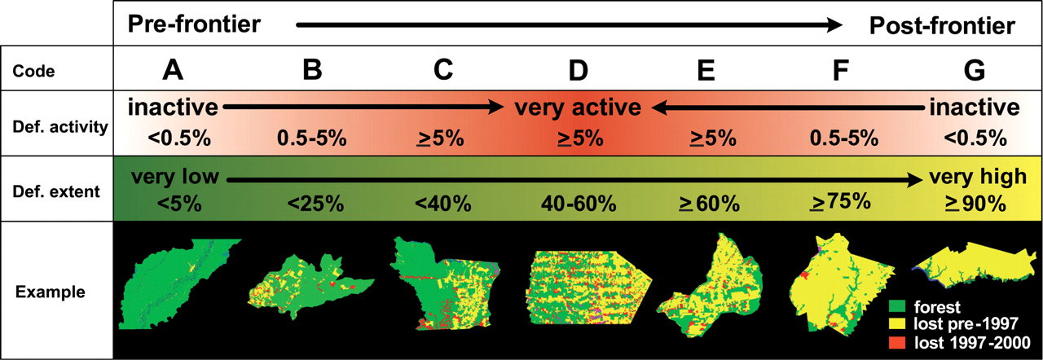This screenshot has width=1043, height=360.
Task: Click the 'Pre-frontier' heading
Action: [194, 25]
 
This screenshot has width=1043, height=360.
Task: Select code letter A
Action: [171, 71]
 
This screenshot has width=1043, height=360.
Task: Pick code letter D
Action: [578, 71]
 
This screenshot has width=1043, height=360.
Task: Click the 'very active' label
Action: [578, 108]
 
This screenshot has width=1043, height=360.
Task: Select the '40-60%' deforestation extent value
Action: [578, 203]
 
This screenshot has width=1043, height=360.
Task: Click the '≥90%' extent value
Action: [975, 203]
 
